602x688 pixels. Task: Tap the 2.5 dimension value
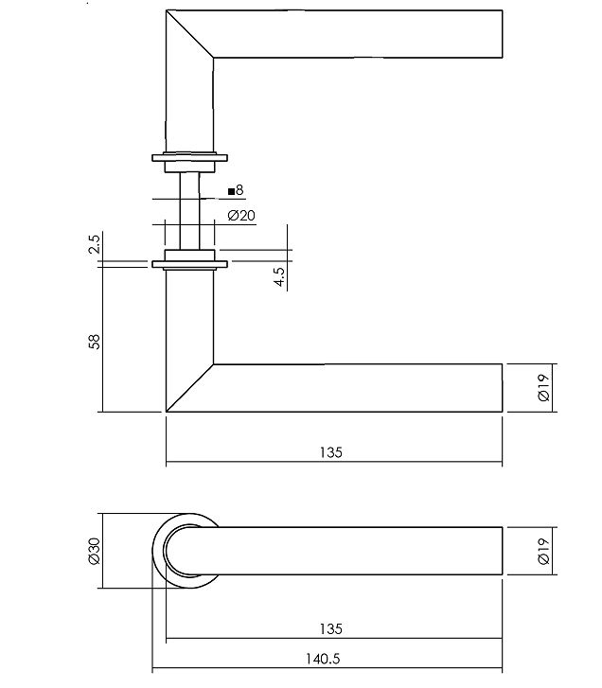point(93,245)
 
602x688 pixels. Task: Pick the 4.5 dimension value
point(280,276)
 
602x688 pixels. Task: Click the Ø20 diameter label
point(242,215)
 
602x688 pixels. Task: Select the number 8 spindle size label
point(239,190)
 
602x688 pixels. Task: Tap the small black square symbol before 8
point(230,191)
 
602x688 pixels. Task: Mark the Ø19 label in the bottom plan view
point(543,551)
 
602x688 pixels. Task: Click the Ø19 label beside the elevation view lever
point(543,388)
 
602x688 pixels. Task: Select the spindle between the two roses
point(189,208)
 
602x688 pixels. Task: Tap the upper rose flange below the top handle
point(189,158)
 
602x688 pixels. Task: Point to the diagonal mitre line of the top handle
point(189,35)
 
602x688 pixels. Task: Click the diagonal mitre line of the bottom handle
point(189,388)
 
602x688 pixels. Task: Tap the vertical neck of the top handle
point(189,104)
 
